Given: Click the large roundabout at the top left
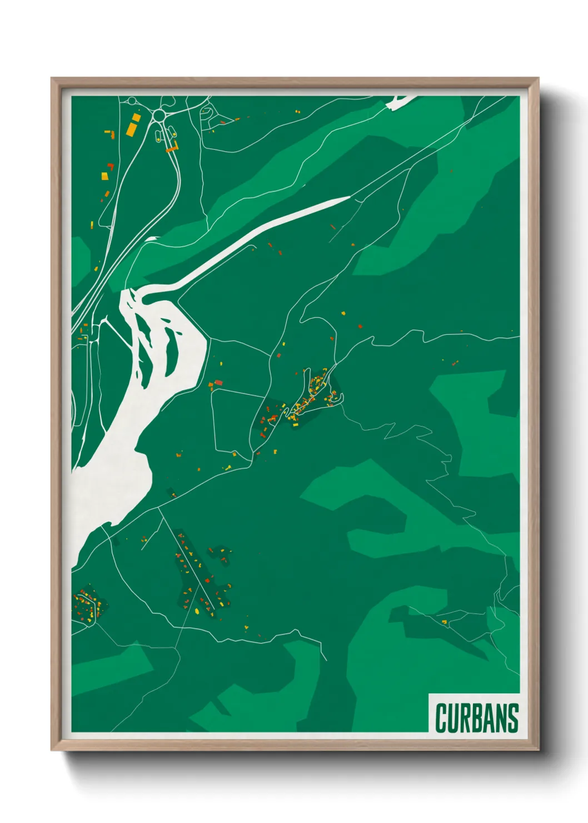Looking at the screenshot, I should coord(160,115).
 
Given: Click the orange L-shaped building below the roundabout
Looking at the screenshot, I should coord(173,147).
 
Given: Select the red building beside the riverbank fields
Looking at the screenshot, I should coord(218,382).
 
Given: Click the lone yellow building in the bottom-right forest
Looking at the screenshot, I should coord(444,622).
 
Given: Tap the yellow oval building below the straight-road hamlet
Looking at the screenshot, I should coord(197,610).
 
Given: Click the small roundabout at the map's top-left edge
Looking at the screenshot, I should coord(132,101).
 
